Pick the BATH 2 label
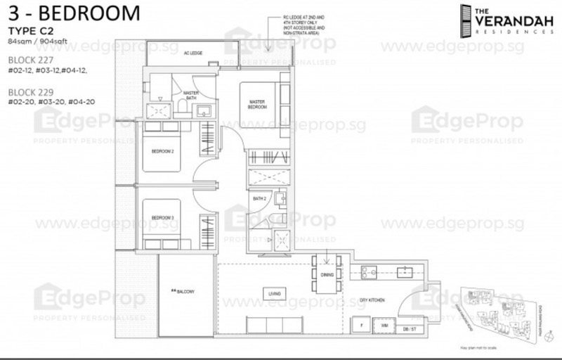pyautogui.click(x=259, y=199)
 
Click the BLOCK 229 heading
pyautogui.click(x=30, y=92)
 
